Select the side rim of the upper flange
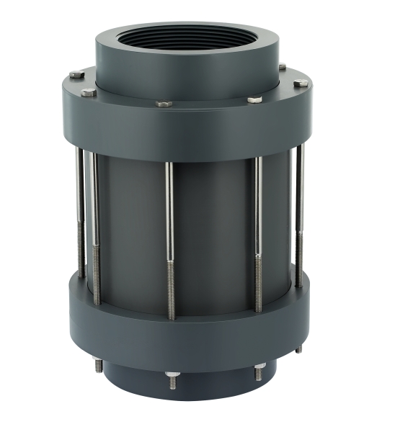point(187,130)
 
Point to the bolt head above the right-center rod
point(254,99)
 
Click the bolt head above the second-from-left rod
point(88,92)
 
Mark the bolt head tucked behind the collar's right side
point(282,67)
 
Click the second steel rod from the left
point(95,223)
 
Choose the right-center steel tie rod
point(258,230)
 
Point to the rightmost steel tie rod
point(299,216)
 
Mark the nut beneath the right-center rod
point(259,374)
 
